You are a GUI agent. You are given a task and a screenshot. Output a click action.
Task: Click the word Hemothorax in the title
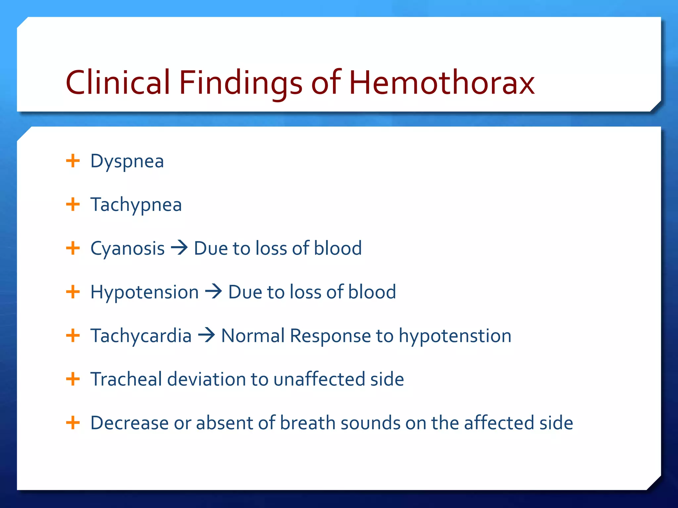click(442, 82)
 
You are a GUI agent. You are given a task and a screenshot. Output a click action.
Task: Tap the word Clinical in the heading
click(118, 82)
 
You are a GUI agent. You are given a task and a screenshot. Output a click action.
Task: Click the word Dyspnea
click(127, 162)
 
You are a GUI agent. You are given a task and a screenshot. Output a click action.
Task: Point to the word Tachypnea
click(136, 205)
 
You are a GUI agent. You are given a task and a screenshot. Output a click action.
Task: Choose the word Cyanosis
click(127, 249)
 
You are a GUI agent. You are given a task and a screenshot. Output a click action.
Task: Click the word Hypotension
click(144, 292)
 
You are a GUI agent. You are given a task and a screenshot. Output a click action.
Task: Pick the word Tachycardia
click(141, 336)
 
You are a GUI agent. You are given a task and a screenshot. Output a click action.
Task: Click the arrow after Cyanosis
click(179, 248)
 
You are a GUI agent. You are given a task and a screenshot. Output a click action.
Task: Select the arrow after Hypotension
click(214, 292)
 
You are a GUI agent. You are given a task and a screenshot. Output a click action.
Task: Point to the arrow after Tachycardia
click(206, 335)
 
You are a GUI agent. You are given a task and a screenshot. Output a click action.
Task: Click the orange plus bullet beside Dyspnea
click(73, 161)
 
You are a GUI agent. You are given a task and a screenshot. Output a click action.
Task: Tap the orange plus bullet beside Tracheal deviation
click(73, 379)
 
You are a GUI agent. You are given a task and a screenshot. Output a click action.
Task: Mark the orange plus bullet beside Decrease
click(73, 422)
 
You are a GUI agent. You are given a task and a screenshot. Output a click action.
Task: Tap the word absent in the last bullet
click(225, 423)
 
